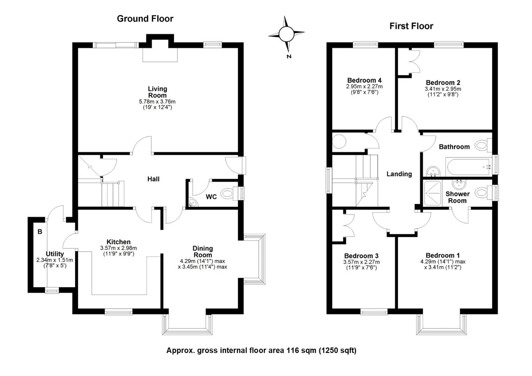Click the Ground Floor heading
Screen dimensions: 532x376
coord(145,19)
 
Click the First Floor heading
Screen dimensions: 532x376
coord(411,26)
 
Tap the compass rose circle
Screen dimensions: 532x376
coord(287,34)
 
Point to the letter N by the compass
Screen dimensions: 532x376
coord(289,56)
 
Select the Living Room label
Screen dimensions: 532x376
coord(157,92)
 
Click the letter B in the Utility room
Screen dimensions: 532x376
coord(40,232)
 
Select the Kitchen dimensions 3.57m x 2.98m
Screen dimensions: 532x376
coord(118,248)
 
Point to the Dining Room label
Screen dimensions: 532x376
coord(203,252)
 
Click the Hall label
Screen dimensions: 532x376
coord(154,179)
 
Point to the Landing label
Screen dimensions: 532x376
coord(399,174)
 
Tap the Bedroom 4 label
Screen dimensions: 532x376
coord(364,80)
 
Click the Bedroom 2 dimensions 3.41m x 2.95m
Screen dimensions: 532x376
coord(443,89)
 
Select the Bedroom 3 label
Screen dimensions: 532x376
coord(361,256)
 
